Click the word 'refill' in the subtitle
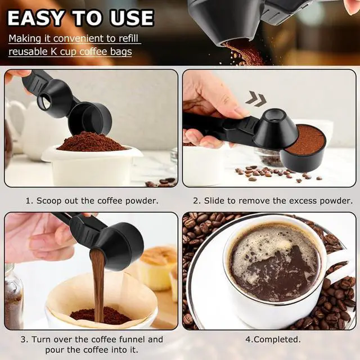pyautogui.click(x=128, y=39)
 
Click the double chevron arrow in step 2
pyautogui.click(x=256, y=98)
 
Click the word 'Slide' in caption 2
pyautogui.click(x=215, y=201)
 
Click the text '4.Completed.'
pyautogui.click(x=273, y=339)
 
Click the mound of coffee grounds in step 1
pyautogui.click(x=91, y=142)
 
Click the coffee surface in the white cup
pyautogui.click(x=275, y=262)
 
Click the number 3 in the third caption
pyautogui.click(x=23, y=340)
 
